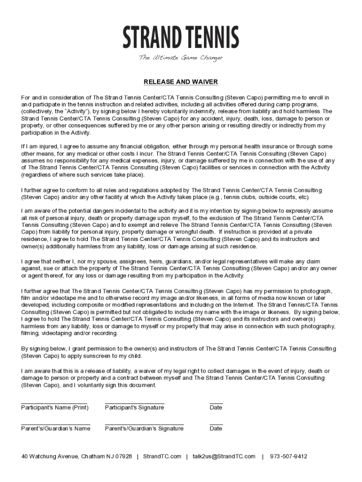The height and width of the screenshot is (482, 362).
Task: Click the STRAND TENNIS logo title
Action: coord(181,38)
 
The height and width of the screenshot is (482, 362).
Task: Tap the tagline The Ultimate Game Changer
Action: coord(181,58)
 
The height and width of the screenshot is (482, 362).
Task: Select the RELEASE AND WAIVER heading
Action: coord(181,82)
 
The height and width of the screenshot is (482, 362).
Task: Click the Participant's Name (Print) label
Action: coord(55,407)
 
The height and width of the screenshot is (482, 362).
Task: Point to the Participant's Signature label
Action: coord(134,407)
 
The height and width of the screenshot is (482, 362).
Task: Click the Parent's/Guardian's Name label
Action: coord(55,428)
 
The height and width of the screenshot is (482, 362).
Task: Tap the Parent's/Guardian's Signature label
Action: coord(144,428)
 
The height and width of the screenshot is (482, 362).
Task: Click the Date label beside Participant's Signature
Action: coord(216,407)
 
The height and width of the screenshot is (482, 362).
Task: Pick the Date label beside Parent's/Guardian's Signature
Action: coord(216,428)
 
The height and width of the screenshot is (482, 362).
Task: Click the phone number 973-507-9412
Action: coord(289,456)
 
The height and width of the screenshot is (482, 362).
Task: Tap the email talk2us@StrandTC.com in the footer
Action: coord(224,456)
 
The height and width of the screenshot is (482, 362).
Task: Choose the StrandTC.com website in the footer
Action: coord(162,456)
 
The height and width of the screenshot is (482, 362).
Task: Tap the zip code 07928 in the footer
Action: coord(124,456)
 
